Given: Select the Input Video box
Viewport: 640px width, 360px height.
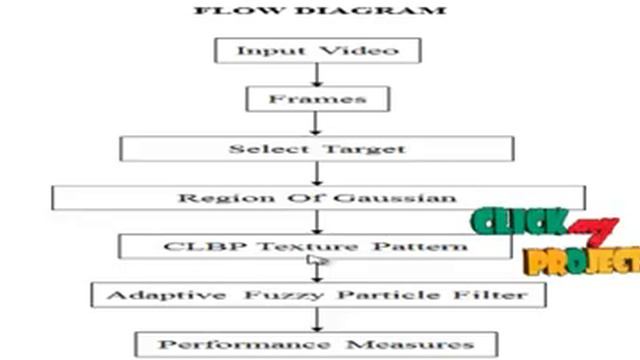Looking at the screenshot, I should (317, 50).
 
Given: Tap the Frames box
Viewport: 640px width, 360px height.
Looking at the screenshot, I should (317, 99).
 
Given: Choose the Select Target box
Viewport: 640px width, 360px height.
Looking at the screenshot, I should (317, 148).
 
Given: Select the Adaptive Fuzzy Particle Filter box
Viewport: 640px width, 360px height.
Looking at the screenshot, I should (317, 295).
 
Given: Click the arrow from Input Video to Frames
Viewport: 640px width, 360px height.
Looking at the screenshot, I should (317, 74).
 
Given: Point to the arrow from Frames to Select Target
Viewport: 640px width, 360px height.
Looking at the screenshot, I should (317, 123).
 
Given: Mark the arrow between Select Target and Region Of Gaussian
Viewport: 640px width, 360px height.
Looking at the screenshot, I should (317, 172).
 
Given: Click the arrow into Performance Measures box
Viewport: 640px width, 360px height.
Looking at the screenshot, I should (317, 320).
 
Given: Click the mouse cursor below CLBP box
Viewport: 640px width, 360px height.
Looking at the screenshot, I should (316, 263).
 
